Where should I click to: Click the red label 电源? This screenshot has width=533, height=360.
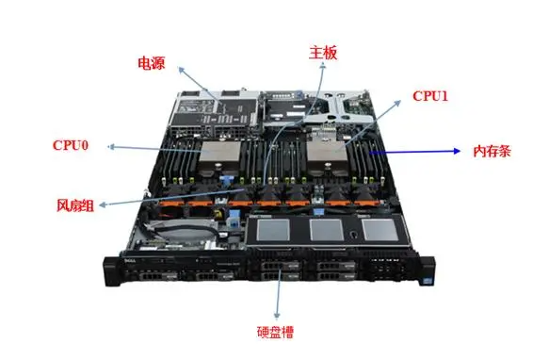tap(152, 63)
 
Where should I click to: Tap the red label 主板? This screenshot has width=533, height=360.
tap(323, 53)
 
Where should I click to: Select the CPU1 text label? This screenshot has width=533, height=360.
tap(430, 96)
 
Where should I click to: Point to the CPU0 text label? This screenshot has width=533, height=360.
tap(71, 145)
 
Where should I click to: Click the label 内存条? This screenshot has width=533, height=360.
tap(493, 151)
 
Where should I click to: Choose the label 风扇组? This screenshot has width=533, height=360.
tap(75, 205)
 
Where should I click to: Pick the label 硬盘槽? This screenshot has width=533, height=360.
tap(275, 333)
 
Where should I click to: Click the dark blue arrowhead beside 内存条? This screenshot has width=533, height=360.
tap(457, 151)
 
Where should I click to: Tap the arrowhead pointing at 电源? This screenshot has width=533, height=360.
tap(181, 70)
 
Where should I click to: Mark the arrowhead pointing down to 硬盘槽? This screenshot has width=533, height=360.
tap(278, 315)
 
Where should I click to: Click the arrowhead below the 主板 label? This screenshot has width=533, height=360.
tap(323, 68)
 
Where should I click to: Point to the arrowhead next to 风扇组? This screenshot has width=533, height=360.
tap(102, 205)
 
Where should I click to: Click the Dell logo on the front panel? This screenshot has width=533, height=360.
tap(129, 261)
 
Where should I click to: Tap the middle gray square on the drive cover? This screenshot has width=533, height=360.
tap(327, 230)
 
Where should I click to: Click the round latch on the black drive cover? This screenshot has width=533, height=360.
tap(354, 235)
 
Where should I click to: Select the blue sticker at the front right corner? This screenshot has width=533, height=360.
tap(427, 282)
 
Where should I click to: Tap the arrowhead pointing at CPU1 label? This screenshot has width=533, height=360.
tap(398, 103)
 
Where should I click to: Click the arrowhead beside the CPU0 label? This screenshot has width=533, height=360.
tap(111, 147)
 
